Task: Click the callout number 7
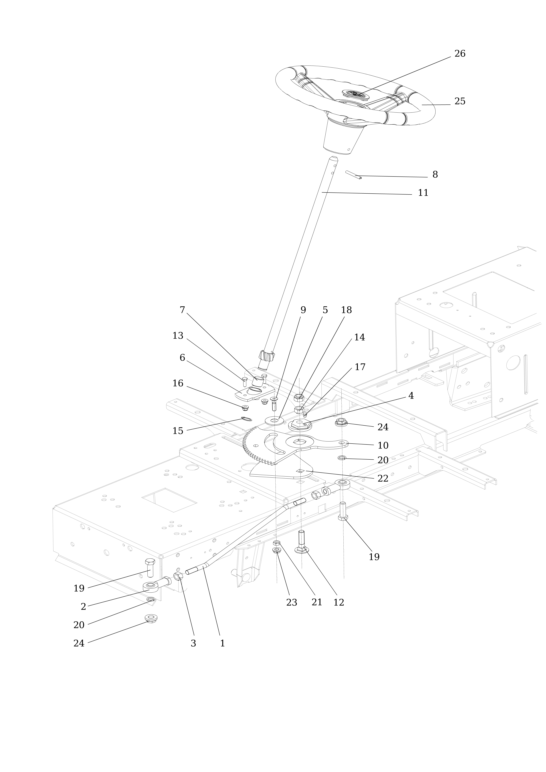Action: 182,310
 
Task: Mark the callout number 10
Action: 383,446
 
